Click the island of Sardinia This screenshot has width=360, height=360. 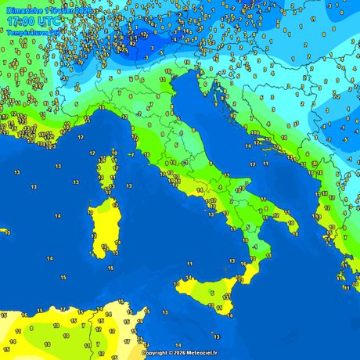point(100,227)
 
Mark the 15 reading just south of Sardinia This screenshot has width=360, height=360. point(110,268)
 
